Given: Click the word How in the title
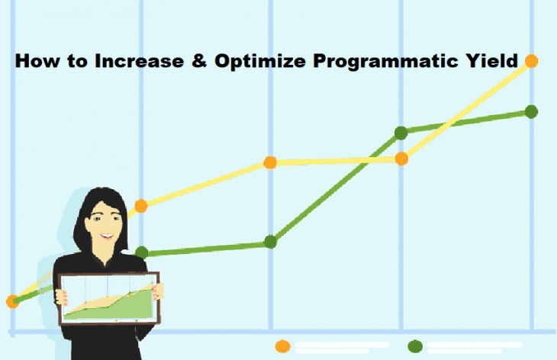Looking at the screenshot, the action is pyautogui.click(x=37, y=61).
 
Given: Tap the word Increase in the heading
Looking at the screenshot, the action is pyautogui.click(x=139, y=61).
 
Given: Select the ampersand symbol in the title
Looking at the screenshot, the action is pyautogui.click(x=199, y=61).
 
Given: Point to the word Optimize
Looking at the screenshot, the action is pyautogui.click(x=260, y=62).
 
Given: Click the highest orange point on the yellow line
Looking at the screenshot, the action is pyautogui.click(x=531, y=61).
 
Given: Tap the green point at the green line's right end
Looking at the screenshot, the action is pyautogui.click(x=531, y=112).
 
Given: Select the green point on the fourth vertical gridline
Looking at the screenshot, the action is pyautogui.click(x=401, y=133).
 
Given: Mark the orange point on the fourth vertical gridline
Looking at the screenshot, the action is pyautogui.click(x=401, y=159).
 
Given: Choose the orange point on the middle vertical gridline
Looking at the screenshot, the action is pyautogui.click(x=270, y=162).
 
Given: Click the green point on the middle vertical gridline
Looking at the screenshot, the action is pyautogui.click(x=271, y=242).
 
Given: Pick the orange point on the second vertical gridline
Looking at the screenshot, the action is pyautogui.click(x=141, y=206).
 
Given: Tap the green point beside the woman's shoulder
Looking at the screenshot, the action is pyautogui.click(x=142, y=252).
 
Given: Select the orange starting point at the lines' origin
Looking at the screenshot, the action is pyautogui.click(x=12, y=301).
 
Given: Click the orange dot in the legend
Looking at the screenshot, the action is pyautogui.click(x=283, y=346).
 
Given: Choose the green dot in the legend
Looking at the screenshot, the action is pyautogui.click(x=415, y=346).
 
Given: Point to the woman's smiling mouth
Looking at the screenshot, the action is pyautogui.click(x=107, y=236).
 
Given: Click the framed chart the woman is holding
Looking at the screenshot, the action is pyautogui.click(x=108, y=298).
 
